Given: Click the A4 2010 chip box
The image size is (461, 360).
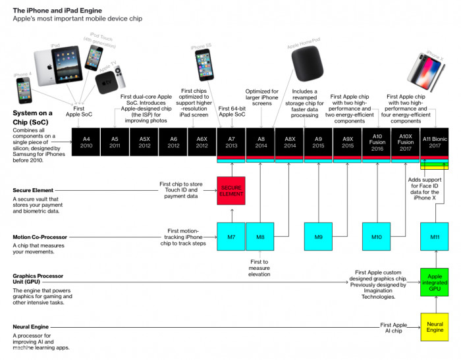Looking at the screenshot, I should coord(86,142).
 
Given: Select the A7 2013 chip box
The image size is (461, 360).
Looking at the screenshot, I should coord(231,142).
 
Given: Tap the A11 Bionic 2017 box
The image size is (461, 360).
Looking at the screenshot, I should coord(435,142).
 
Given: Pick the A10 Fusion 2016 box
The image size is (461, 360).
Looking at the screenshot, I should coord(377,142).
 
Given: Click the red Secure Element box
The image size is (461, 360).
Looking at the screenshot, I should coord(231,191).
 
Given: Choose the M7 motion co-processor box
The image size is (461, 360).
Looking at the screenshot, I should coord(231,237).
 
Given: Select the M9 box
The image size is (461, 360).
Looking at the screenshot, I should coord(318,237).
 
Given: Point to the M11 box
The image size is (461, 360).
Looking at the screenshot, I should coord(435,237).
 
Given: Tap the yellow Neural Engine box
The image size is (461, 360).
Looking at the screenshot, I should coord(435,327).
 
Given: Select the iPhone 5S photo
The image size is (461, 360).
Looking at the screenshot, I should coord(203,65).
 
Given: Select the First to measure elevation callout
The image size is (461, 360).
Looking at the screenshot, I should coord(259,269).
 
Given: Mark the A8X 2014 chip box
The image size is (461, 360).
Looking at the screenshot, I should coord(289,142).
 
